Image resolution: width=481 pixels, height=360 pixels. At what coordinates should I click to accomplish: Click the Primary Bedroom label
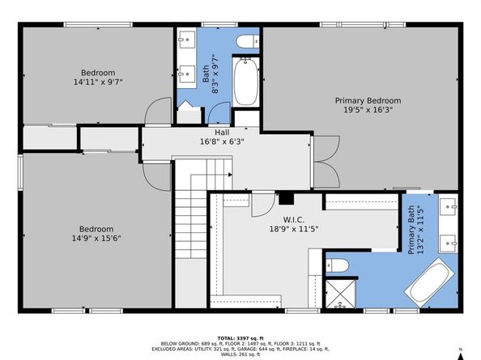click(x=368, y=100)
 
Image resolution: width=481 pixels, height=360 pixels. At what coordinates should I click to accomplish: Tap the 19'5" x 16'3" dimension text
click(x=368, y=110)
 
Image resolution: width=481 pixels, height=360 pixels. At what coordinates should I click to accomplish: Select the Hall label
click(x=222, y=133)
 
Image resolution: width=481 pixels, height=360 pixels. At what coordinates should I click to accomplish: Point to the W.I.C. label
click(x=294, y=220)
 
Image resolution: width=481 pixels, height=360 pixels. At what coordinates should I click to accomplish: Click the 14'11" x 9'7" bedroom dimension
click(x=98, y=82)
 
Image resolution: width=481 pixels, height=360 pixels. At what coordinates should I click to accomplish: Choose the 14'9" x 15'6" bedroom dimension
click(x=96, y=238)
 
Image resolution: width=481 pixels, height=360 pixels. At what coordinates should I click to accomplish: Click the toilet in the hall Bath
click(x=248, y=42)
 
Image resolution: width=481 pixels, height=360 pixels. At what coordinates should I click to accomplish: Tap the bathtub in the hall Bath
click(x=246, y=82)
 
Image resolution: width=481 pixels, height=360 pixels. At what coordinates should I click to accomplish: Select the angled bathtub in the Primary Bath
click(x=429, y=282)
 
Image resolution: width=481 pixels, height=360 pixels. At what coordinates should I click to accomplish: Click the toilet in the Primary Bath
click(x=337, y=265)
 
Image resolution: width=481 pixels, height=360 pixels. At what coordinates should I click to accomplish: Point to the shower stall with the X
click(x=340, y=294)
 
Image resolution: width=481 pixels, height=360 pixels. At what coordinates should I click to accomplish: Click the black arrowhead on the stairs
click(x=230, y=175)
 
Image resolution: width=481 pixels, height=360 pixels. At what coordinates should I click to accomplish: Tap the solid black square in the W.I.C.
click(x=286, y=198)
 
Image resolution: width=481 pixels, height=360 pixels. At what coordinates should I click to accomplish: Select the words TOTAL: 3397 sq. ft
click(x=240, y=338)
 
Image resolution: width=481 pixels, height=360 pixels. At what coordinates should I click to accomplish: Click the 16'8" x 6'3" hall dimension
click(x=222, y=142)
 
